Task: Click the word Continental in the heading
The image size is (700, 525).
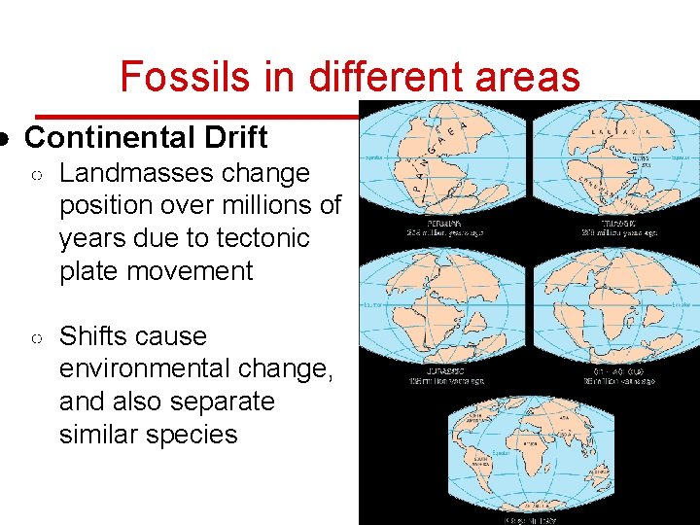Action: coord(105,137)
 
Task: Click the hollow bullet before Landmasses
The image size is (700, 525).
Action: coord(35,174)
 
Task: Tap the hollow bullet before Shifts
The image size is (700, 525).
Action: coord(35,337)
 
